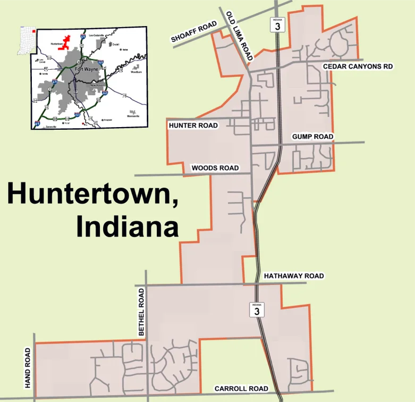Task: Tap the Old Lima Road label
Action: [239, 32]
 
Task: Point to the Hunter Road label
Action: [193, 125]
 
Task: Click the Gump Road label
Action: [312, 137]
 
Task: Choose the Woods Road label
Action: [215, 168]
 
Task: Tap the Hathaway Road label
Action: [293, 276]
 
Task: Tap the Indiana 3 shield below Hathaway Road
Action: [257, 310]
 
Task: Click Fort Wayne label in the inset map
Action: [86, 69]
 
